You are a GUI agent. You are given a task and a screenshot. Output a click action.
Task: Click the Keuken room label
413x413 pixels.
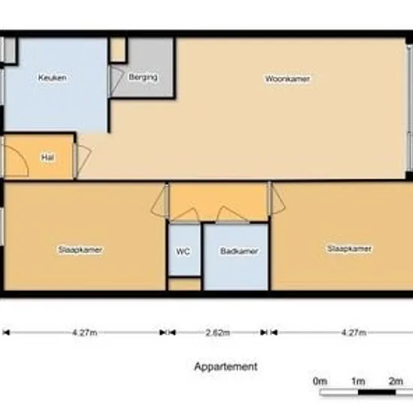coord(52,77)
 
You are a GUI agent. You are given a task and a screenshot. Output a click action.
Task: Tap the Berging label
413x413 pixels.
coord(143,77)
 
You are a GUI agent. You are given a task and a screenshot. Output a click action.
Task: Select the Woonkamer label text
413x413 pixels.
coord(288,79)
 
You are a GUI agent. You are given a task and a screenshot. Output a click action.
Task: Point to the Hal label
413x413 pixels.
coord(48,158)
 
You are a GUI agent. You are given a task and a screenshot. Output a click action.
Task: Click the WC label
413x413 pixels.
coord(183,252)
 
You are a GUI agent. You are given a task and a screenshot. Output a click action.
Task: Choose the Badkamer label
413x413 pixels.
coord(239,251)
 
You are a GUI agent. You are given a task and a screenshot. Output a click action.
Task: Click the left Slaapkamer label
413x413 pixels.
coord(80,250)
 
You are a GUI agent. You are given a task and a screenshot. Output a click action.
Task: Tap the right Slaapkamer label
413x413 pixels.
coord(349,249)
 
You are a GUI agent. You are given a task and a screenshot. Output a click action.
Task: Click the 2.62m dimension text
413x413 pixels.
coord(218,333)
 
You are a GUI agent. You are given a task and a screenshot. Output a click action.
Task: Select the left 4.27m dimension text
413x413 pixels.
coord(85,333)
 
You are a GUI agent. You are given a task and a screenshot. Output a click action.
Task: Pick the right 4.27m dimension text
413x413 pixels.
coord(354,333)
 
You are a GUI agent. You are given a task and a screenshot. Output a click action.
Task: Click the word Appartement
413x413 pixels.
coord(226,366)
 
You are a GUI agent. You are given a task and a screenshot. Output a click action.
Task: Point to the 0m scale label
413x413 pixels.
coord(320,381)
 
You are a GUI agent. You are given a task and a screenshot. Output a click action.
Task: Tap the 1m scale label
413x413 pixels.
coord(358,381)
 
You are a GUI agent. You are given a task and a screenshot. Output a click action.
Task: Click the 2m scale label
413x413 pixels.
coord(396,381)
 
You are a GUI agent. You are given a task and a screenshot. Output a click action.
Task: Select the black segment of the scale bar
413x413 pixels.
coord(377,392)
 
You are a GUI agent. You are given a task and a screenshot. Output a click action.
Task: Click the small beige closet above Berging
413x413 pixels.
coord(117,50)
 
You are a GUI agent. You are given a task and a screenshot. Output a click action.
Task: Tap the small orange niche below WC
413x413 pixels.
coord(184,285)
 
